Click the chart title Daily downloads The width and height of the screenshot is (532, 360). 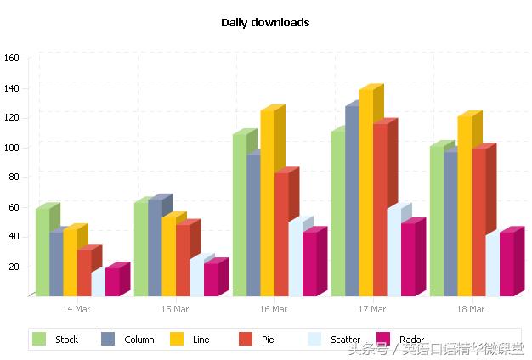point(265,23)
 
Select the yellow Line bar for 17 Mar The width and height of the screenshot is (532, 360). point(366,195)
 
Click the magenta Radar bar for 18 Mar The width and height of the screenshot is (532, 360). point(507,264)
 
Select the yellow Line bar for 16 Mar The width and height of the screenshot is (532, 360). point(268,204)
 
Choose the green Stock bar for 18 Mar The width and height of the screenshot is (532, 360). point(436,222)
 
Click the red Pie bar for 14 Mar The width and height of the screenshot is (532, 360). point(84,273)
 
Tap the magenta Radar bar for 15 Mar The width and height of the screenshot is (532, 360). point(211,279)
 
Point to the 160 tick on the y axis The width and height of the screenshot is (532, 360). point(12,59)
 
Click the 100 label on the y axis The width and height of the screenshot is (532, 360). point(12,148)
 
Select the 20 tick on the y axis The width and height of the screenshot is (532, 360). point(14,267)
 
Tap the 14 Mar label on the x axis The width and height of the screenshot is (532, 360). point(76,309)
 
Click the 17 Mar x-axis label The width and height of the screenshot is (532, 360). point(372,309)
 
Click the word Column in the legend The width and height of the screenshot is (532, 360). point(139,340)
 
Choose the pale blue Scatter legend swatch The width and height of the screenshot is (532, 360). point(314,340)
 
